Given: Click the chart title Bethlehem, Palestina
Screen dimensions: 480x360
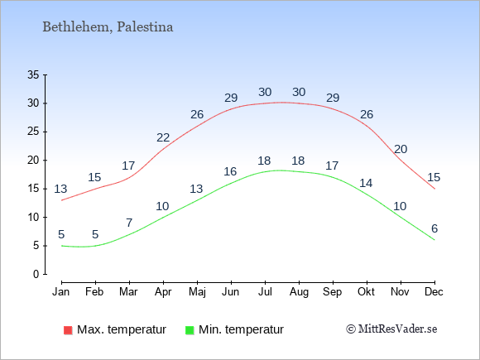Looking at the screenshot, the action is point(108,27).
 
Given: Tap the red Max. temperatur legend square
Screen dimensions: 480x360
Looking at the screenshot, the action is point(68,330).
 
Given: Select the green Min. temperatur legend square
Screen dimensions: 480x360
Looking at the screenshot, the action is point(190,330).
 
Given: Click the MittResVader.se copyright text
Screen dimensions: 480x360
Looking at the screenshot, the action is point(391,329).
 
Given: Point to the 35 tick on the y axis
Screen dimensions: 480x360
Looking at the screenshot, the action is point(33,74).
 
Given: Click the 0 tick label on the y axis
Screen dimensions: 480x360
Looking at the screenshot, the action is point(36,274).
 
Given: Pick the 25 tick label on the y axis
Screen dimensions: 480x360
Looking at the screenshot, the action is point(33,132).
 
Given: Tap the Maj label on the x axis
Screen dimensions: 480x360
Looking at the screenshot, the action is point(197,292).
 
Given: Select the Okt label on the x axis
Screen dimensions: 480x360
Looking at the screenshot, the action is point(366,292).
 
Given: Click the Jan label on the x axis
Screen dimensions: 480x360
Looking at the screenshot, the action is point(61,292).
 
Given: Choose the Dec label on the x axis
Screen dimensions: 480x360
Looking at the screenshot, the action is point(434,292).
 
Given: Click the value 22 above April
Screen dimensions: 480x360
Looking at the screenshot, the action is point(163,137).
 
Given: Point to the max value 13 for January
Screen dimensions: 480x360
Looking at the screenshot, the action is point(60,189).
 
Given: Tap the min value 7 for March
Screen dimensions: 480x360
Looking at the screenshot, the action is point(129,223).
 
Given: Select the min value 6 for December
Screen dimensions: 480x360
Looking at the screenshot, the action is point(434,228).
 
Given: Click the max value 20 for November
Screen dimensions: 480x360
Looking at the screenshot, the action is point(401,149).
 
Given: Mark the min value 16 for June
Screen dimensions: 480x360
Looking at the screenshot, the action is point(230,171).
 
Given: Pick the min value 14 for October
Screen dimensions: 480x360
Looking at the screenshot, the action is point(366,183).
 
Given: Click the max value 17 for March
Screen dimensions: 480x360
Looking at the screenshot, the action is point(128,166).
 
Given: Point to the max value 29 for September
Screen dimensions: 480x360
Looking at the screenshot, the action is point(333,98).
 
